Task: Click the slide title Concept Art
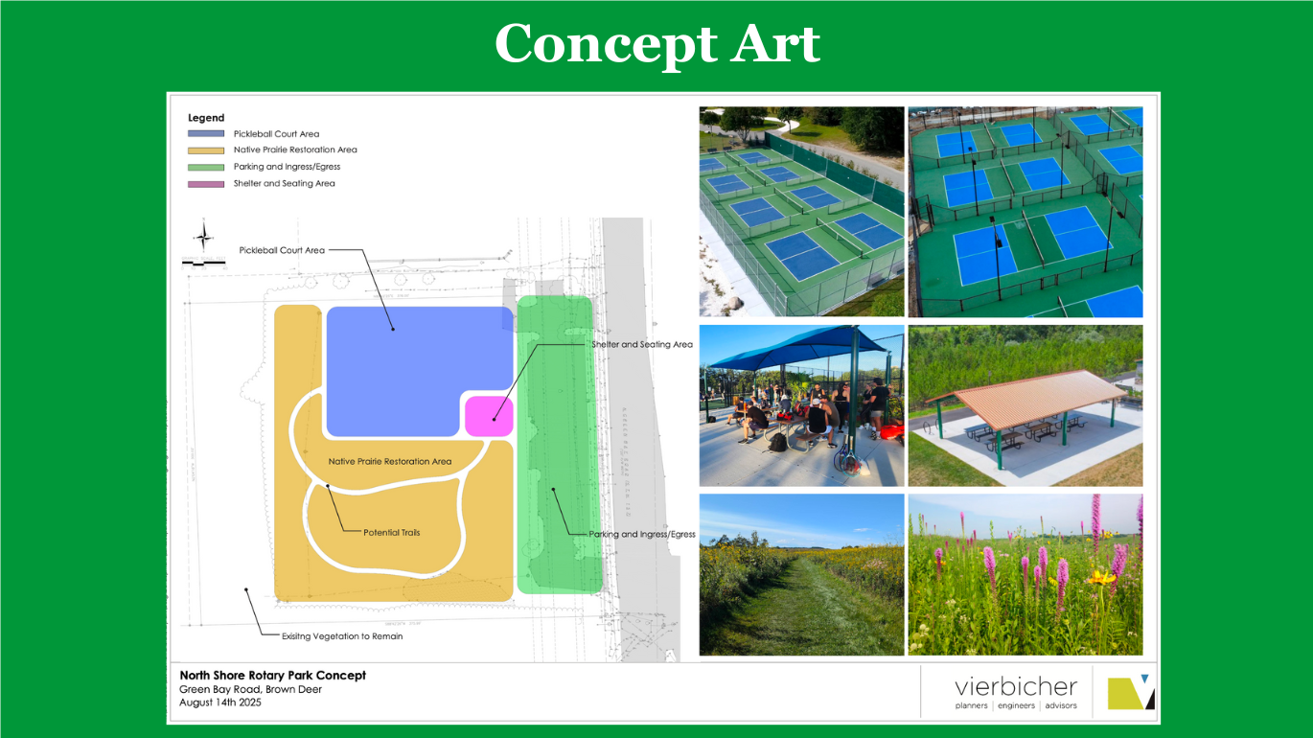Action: tap(656, 44)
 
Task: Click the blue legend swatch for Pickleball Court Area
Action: tap(206, 134)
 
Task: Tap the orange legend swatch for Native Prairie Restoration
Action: tap(206, 150)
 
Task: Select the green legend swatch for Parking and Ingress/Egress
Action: tap(206, 167)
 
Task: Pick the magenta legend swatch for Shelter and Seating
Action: tap(206, 184)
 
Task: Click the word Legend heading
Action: tap(206, 118)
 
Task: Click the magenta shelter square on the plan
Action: tap(489, 417)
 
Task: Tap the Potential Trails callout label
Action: tap(391, 532)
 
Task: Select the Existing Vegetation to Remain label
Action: tap(341, 636)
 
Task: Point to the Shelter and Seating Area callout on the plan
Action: tap(641, 344)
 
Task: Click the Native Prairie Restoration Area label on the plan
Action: tap(389, 462)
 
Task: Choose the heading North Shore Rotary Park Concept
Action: tap(273, 675)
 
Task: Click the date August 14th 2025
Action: tap(220, 703)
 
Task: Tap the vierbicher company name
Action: tap(1016, 687)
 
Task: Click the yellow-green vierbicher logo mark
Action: tap(1130, 692)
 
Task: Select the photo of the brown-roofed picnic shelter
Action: tap(1025, 405)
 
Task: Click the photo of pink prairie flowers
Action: tap(1025, 574)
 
